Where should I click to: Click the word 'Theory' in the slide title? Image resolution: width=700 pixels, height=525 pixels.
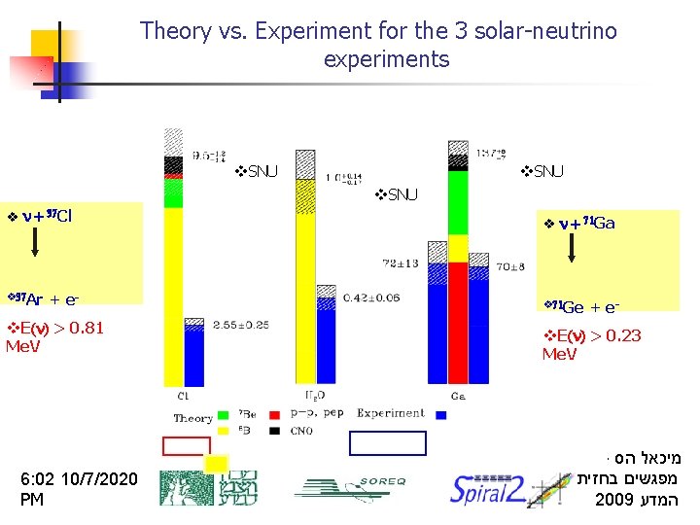pos(173,31)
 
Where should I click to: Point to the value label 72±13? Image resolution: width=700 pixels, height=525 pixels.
pos(401,262)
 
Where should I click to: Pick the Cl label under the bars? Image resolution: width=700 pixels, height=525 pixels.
pos(183,395)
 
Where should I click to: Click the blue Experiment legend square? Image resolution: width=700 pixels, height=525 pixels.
pos(440,414)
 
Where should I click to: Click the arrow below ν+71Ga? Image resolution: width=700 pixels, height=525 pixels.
pos(571,249)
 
